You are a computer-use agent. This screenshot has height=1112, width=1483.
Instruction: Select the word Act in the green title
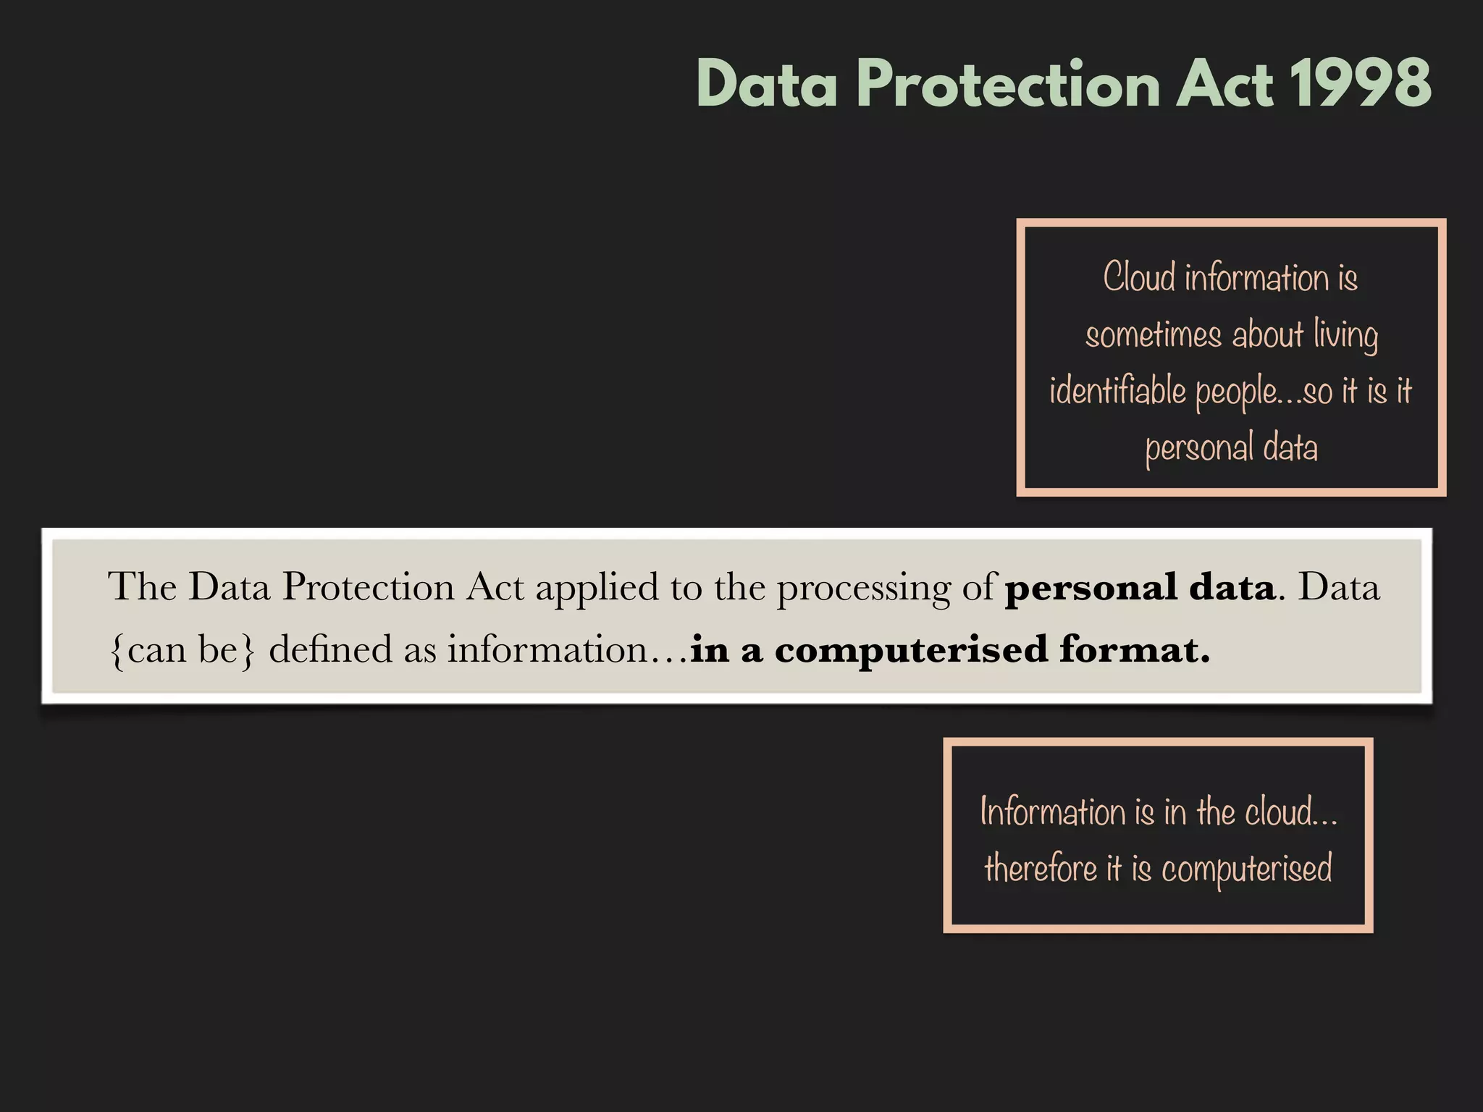pos(1223,84)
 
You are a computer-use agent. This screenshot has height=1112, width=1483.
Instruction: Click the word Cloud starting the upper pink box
pos(1139,277)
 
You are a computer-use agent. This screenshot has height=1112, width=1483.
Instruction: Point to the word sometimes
pos(1153,335)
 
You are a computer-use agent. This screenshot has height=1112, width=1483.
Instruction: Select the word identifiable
pos(1117,391)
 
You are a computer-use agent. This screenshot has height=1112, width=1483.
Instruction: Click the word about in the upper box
pos(1267,335)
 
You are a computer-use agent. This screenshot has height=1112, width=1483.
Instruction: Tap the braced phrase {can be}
pos(182,650)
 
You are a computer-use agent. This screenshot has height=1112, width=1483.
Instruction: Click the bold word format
pos(1134,649)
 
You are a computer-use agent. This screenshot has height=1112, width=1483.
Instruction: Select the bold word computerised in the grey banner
pos(911,650)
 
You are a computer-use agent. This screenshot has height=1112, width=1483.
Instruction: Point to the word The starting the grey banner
pos(142,586)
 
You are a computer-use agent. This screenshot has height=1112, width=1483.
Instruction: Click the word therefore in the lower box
pos(1041,868)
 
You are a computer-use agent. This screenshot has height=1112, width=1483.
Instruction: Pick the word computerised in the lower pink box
pos(1246,869)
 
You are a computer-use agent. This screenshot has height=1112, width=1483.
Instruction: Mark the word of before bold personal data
pos(979,586)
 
